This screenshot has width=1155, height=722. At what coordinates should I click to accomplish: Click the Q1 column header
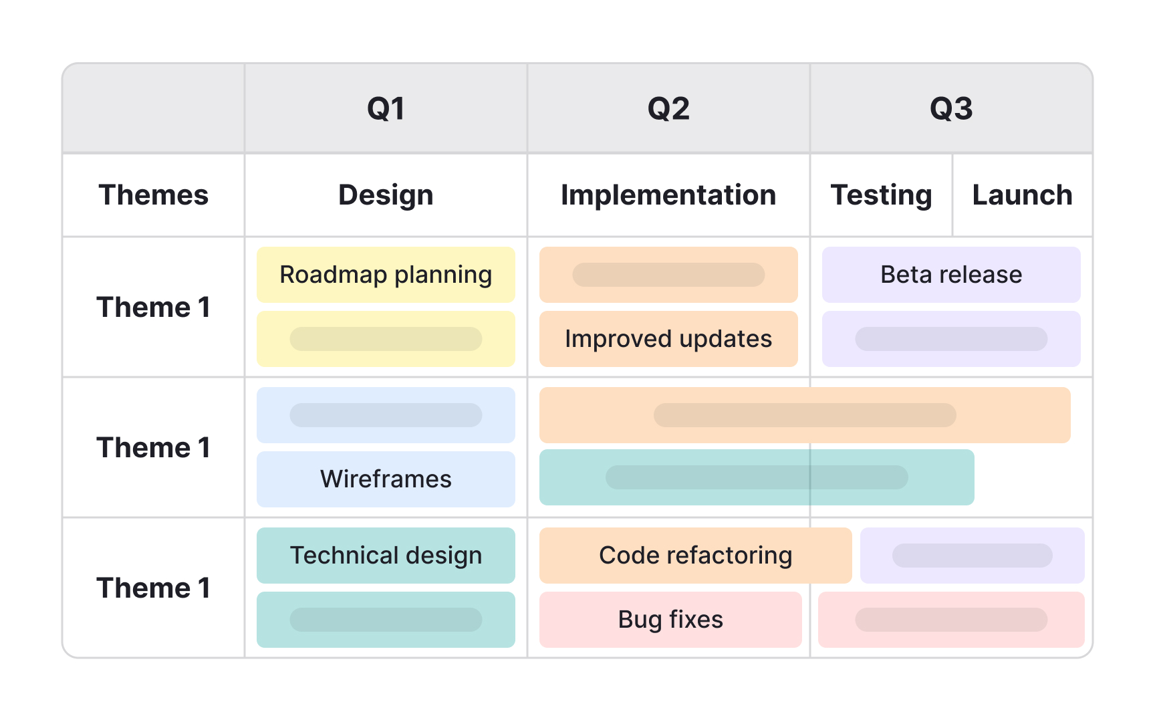(x=386, y=108)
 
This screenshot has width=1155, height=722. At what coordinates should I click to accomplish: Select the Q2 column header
(x=668, y=108)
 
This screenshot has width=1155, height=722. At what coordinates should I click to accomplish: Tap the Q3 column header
(x=951, y=108)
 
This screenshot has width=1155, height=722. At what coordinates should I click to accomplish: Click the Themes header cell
(x=154, y=195)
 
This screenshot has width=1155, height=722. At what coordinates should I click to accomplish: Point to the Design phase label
(x=386, y=195)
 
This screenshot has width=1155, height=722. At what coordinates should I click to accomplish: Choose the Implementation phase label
(x=668, y=195)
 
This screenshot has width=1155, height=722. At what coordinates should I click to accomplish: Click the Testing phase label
(x=881, y=195)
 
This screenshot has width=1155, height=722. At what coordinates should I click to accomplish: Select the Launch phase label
(x=1022, y=195)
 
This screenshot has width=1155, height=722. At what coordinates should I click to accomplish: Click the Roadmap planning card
(x=386, y=275)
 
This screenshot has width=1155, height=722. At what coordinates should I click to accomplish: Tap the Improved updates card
(x=668, y=339)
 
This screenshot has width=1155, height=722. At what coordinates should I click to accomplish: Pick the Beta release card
(x=951, y=275)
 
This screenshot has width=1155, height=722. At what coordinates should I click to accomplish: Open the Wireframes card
(x=386, y=479)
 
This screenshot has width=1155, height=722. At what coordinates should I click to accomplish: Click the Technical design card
(x=386, y=556)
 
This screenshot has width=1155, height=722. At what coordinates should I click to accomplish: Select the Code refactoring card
(x=695, y=556)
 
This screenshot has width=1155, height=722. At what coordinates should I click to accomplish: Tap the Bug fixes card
(x=670, y=620)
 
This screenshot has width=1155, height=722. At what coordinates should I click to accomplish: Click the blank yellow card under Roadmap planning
(x=386, y=339)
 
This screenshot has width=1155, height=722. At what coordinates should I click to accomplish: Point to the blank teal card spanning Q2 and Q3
(x=757, y=477)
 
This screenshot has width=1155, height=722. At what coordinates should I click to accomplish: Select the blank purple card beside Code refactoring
(x=972, y=556)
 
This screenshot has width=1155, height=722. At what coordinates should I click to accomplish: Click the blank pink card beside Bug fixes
(x=951, y=620)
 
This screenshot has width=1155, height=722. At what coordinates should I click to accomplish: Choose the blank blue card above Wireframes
(x=386, y=415)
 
